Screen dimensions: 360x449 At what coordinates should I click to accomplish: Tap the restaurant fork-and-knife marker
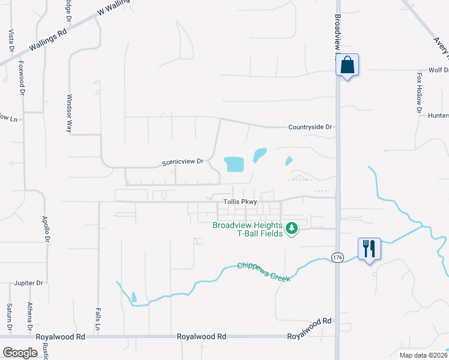tap(369, 248)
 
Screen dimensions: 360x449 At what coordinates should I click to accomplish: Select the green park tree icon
tap(292, 228)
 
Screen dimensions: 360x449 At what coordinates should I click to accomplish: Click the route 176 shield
tap(337, 257)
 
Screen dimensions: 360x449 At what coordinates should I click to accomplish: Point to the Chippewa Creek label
tap(264, 272)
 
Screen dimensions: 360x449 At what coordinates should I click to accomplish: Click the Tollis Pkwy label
tap(240, 202)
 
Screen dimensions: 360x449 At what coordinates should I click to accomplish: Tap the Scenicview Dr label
tap(183, 162)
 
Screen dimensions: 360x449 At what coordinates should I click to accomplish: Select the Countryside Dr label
tap(310, 127)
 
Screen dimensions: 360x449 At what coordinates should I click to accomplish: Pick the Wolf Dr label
tap(438, 70)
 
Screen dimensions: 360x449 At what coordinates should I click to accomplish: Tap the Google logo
tap(20, 353)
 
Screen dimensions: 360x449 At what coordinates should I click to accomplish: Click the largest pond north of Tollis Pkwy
tap(234, 163)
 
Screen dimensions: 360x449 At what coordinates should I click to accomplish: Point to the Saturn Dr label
tap(10, 316)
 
